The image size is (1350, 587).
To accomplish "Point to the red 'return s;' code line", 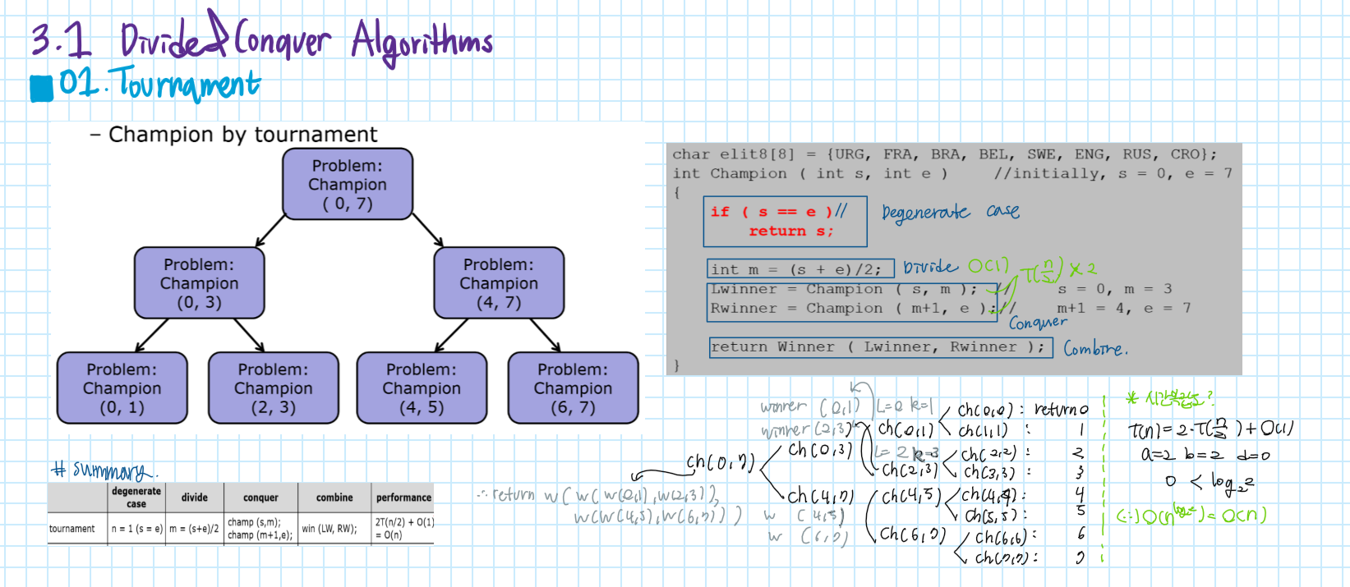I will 790,232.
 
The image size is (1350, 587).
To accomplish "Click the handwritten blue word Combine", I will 1095,349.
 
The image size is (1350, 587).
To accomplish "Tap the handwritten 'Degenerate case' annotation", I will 950,213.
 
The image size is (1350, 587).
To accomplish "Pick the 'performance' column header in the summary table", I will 403,498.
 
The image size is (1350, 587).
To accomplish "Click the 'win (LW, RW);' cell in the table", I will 329,529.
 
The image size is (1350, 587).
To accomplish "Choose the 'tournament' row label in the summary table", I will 72,529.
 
